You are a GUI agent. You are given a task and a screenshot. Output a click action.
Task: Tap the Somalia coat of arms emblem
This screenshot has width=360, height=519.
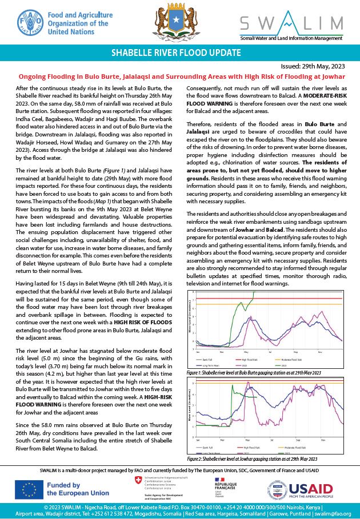coord(179,22)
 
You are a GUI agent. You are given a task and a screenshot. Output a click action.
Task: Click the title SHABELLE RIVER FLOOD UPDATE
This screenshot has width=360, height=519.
coord(180,53)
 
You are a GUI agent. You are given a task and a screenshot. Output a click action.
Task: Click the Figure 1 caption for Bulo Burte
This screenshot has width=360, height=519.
coord(254,372)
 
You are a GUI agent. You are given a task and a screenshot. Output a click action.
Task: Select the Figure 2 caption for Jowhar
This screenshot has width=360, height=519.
coord(252,459)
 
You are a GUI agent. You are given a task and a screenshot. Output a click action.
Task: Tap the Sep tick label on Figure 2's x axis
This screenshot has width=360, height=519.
coord(296,439)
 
